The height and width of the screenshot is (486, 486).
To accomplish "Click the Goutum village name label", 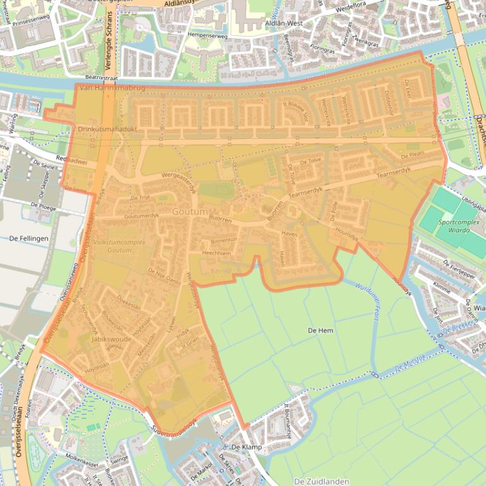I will click(190, 213).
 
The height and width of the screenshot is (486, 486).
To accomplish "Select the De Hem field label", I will click(320, 331).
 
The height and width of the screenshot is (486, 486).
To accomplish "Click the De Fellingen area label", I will click(29, 239).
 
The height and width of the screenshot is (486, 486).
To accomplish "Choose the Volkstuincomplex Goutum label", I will click(112, 246).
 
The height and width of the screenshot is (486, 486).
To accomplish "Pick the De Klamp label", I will click(246, 447).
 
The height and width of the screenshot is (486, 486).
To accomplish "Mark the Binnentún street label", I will click(224, 240).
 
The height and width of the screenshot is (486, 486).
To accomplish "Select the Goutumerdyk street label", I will click(142, 216).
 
